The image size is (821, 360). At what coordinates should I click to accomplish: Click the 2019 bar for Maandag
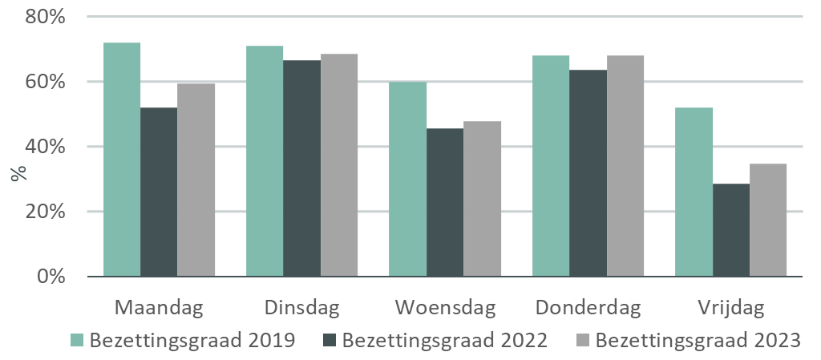122,160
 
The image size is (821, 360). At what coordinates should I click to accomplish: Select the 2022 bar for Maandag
159,192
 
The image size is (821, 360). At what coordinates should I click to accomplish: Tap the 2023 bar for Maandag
196,179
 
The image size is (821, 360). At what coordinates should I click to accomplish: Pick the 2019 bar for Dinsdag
265,161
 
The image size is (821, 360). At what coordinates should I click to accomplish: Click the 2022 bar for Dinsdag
301,168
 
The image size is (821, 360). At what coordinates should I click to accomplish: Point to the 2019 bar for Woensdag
407,179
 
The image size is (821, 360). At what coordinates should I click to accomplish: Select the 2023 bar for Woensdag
482,199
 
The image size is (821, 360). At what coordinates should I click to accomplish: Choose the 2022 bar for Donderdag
588,173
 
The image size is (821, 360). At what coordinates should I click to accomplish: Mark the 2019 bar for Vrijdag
694,192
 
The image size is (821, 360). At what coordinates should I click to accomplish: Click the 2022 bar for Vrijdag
730,230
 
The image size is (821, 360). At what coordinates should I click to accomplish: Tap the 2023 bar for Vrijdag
768,220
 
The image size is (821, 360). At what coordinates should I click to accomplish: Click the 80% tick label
45,17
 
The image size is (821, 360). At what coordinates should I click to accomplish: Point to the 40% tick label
45,147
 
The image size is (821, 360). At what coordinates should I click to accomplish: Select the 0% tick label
50,277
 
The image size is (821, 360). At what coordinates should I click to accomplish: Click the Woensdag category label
445,308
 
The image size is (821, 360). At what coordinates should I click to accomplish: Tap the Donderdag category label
588,308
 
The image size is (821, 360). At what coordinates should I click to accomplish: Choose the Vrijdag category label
730,308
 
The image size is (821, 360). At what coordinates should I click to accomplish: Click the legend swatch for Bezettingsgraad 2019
78,340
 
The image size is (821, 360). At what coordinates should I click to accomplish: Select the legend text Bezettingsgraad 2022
445,340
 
